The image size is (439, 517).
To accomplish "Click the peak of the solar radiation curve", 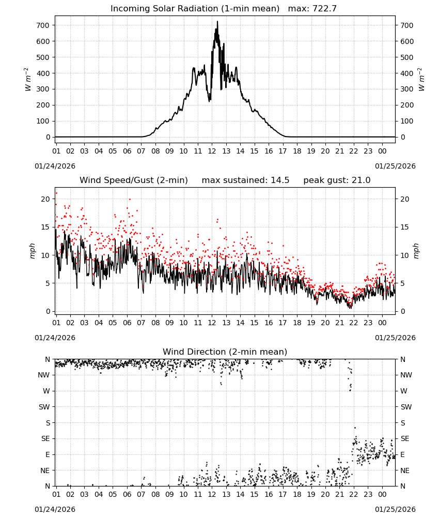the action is [x=217, y=21].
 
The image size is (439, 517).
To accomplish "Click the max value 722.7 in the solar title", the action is [x=324, y=9].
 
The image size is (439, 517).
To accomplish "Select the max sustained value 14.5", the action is [x=280, y=180].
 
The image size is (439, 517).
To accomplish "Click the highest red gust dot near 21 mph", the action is [x=56, y=193].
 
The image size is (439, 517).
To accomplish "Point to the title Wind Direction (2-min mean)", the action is [x=225, y=352].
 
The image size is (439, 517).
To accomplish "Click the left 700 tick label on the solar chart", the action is [x=43, y=25].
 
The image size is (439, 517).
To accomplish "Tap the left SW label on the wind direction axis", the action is [x=44, y=407].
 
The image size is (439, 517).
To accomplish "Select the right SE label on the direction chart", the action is [x=405, y=438].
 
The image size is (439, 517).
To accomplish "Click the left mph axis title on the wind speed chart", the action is [x=32, y=251].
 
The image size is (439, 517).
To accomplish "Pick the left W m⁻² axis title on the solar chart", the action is [x=28, y=80].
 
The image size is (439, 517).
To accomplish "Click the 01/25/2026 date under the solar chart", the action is [x=395, y=166].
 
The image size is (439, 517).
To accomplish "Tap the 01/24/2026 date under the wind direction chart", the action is [x=55, y=509].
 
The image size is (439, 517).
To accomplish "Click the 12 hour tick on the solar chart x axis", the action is [x=212, y=151].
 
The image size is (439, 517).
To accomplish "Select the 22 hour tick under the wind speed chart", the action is [x=354, y=323].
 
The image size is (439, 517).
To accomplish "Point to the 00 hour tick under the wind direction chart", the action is [x=382, y=494].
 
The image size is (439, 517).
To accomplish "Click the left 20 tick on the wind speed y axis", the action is [x=45, y=199].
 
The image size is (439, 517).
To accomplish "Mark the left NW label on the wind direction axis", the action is [x=44, y=375].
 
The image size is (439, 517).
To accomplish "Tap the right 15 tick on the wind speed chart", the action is [x=405, y=227].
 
